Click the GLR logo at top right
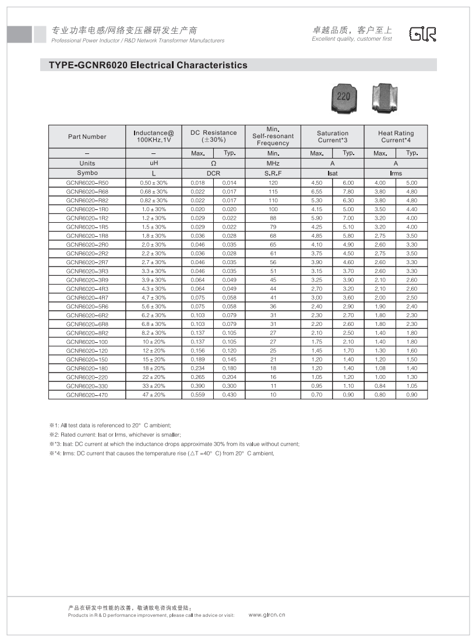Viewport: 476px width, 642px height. click(x=422, y=34)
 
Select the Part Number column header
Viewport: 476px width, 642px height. click(x=87, y=136)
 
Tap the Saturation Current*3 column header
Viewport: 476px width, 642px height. click(x=333, y=136)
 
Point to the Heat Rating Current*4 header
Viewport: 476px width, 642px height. click(x=396, y=136)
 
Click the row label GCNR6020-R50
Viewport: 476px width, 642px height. click(x=87, y=183)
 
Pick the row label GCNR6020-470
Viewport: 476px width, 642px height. click(x=87, y=395)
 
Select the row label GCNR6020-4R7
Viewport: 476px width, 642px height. click(x=87, y=297)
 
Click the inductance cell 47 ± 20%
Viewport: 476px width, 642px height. click(x=153, y=395)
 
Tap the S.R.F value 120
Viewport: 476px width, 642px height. click(x=273, y=183)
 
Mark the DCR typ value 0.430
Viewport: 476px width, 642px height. click(x=229, y=395)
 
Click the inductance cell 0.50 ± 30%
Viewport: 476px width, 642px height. click(x=153, y=183)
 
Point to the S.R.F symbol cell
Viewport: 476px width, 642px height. click(x=273, y=173)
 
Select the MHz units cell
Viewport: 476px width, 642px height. click(x=273, y=163)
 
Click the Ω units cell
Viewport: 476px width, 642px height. click(x=213, y=164)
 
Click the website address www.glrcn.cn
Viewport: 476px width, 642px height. click(x=267, y=615)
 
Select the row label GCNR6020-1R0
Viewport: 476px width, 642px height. click(x=87, y=209)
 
